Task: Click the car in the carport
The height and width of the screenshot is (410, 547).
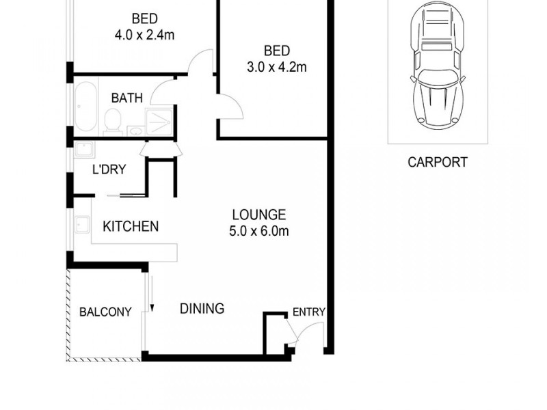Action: click(x=438, y=66)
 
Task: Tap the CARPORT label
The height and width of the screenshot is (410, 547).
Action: click(x=438, y=163)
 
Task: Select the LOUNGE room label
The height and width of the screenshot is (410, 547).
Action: click(x=258, y=215)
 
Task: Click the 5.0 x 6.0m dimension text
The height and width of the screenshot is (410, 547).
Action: click(x=258, y=231)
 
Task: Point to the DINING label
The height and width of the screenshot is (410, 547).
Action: click(x=202, y=309)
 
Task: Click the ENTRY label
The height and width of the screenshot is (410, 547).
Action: click(x=308, y=312)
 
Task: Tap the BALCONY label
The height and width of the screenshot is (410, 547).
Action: click(x=105, y=312)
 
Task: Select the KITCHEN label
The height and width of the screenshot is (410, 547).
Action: click(x=131, y=226)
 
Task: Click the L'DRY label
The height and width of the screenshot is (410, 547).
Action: click(x=109, y=169)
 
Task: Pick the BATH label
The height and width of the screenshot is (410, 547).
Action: click(x=127, y=98)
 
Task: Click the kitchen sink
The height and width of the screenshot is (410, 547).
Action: click(x=83, y=225)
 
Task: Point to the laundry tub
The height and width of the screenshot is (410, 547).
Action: click(x=84, y=150)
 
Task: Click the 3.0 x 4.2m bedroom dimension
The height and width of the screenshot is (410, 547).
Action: click(x=276, y=67)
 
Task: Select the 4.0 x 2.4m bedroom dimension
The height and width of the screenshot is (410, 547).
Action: click(x=144, y=35)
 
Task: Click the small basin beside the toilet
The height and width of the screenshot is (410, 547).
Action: click(x=135, y=128)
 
